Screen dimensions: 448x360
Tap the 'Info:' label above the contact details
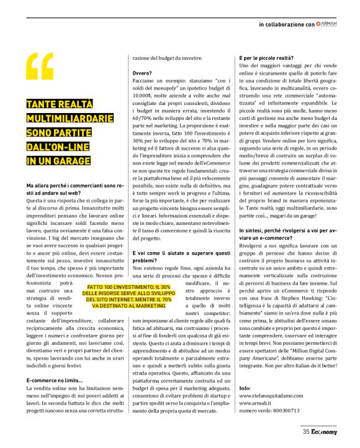[x=245, y=386]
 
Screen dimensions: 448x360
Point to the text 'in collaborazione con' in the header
[x=286, y=24]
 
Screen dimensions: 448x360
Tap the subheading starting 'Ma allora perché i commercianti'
[x=70, y=190]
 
